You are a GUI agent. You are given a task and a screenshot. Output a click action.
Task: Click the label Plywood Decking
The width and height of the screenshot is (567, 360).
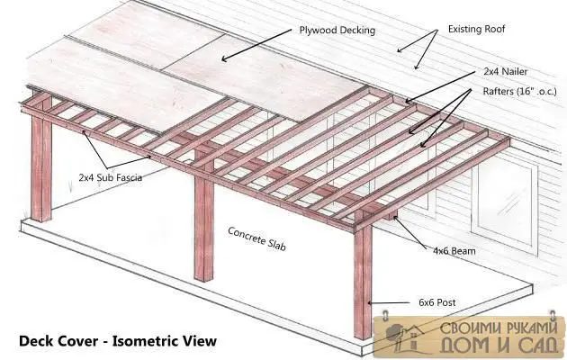337,31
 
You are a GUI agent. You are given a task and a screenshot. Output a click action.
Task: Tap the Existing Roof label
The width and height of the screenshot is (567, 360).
476,29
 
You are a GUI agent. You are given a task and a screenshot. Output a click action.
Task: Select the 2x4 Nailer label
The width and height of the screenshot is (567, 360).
506,72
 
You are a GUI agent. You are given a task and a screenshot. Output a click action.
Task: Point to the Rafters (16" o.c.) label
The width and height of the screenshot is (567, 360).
519,92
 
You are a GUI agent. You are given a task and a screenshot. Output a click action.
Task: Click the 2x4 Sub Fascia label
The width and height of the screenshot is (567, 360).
111,177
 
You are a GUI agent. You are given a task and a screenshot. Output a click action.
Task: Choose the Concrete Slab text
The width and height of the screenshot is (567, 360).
257,238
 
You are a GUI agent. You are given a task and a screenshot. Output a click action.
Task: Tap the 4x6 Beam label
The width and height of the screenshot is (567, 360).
454,250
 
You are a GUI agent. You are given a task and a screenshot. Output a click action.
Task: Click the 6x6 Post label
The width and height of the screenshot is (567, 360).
437,302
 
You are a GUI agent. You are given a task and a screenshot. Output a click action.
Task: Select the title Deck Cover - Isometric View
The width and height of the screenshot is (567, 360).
118,341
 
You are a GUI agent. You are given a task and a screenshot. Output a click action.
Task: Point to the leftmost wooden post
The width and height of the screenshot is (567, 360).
41,159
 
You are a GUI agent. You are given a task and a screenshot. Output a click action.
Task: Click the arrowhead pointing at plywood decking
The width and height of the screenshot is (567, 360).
225,58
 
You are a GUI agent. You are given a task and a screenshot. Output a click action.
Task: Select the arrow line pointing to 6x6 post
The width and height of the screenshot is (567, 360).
389,302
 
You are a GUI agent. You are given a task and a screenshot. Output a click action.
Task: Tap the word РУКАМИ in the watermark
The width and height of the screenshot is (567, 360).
529,328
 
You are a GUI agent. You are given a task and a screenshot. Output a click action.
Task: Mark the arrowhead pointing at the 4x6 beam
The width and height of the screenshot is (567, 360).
397,219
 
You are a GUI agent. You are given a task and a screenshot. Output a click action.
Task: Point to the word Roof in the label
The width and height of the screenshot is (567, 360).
494,29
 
